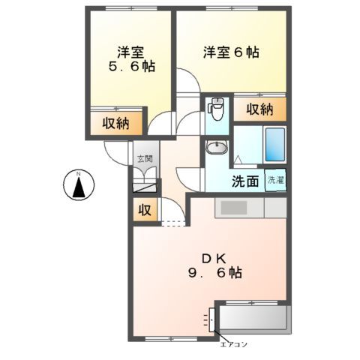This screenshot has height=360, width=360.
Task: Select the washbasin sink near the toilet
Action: (214, 148)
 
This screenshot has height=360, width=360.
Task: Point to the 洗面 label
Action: (244, 181)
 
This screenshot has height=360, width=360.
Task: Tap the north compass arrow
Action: (78, 185)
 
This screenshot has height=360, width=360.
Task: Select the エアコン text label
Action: (234, 344)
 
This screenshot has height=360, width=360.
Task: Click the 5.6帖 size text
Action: (130, 67)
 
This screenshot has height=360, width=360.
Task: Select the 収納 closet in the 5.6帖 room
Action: (111, 123)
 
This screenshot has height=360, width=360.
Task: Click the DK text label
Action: (208, 256)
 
